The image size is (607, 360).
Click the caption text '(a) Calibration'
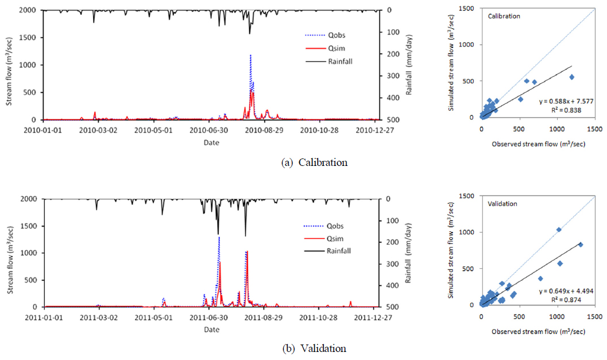click(x=315, y=162)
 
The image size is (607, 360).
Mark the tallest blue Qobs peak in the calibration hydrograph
click(x=250, y=56)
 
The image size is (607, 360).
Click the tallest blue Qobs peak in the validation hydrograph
click(x=219, y=237)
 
